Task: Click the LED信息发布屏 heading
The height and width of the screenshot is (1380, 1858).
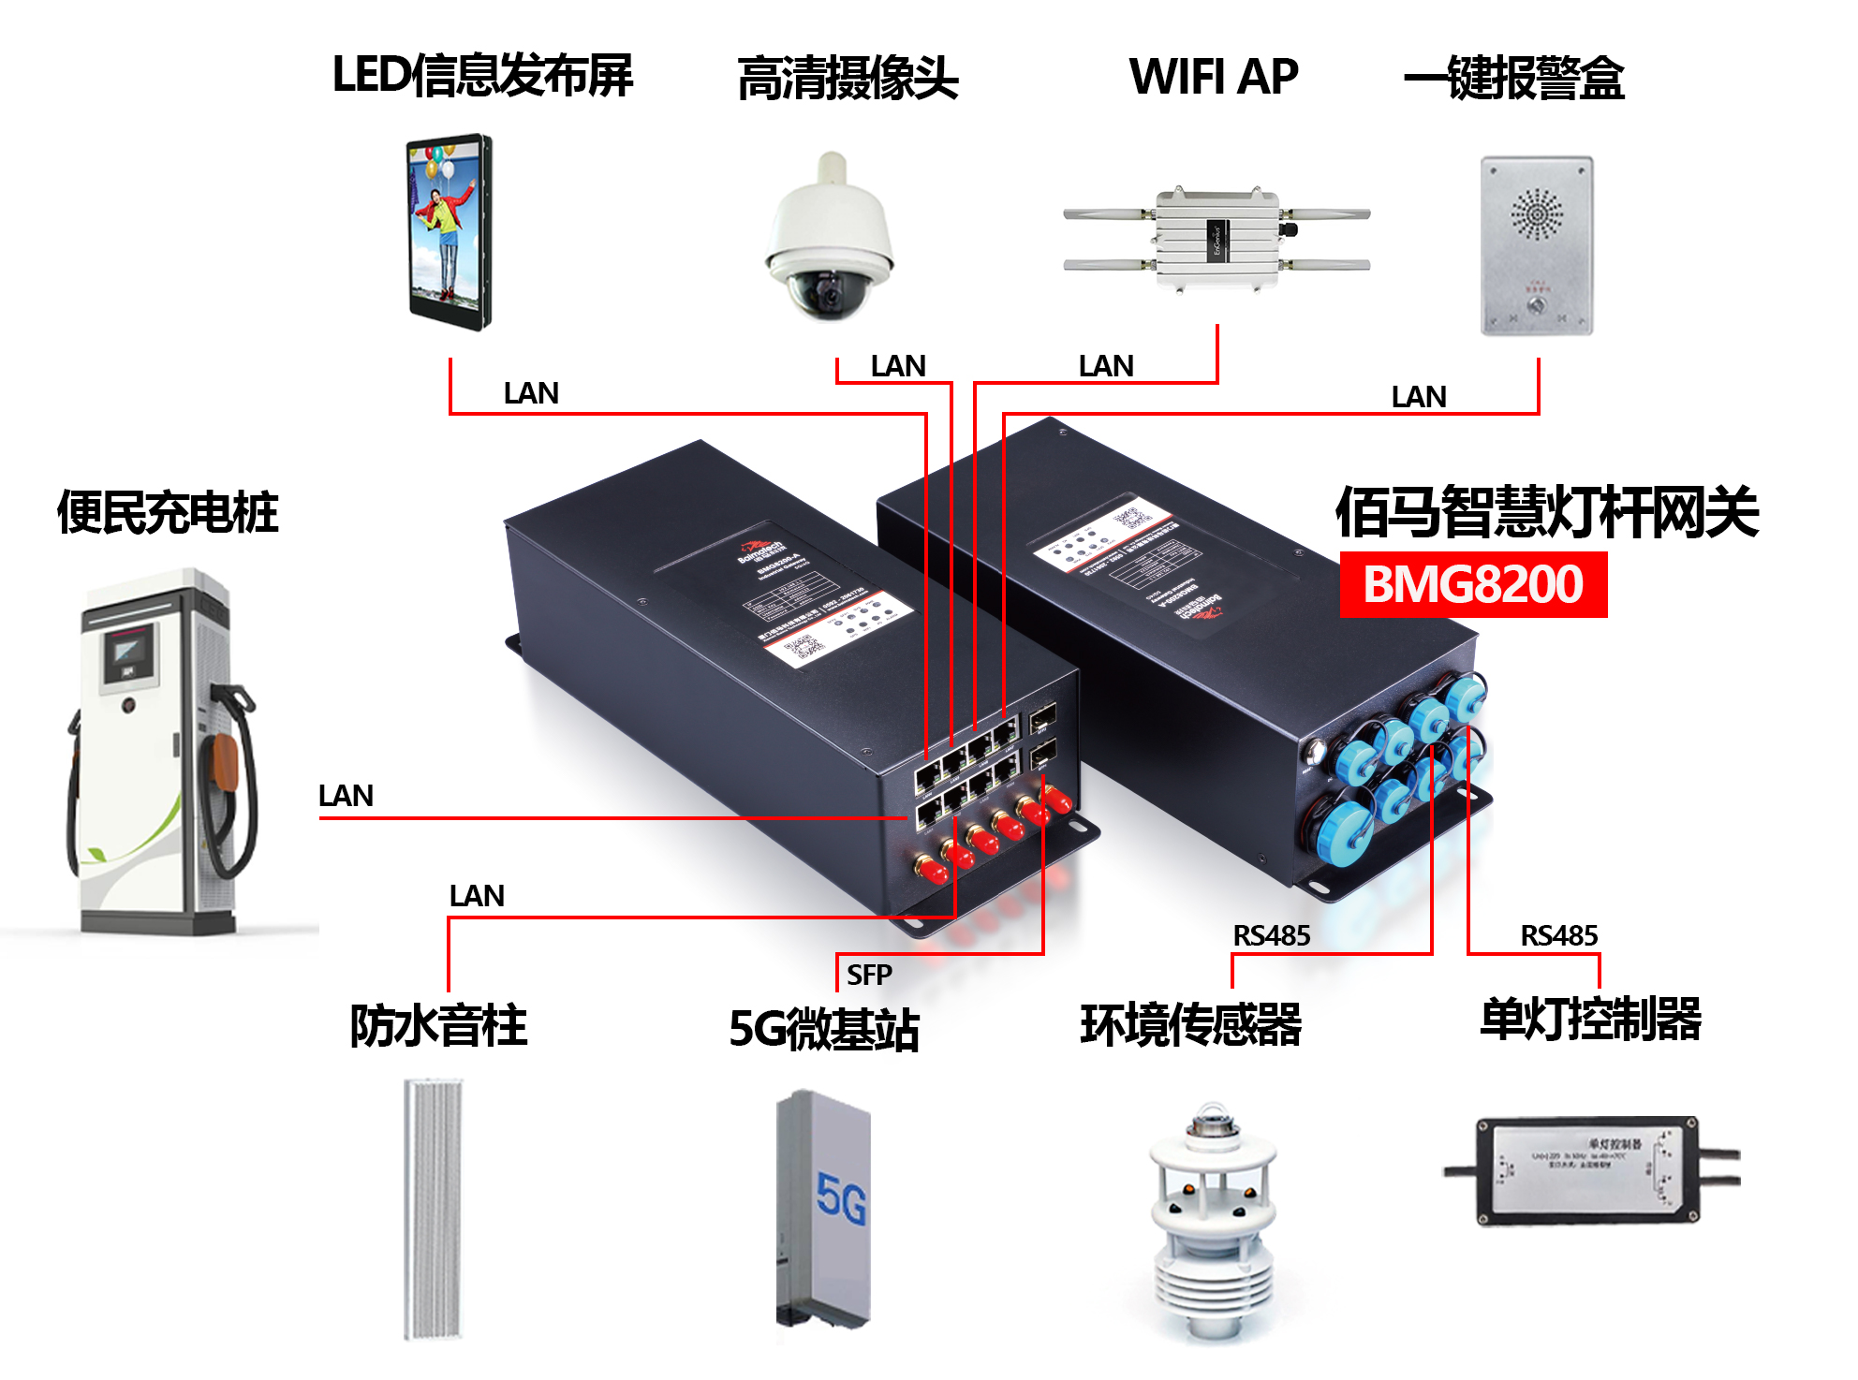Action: click(482, 75)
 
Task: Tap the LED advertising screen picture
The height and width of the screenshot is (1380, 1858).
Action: click(449, 231)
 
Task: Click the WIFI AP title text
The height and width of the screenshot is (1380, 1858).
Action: click(1214, 76)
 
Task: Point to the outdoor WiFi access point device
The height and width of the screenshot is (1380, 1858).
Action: click(1217, 240)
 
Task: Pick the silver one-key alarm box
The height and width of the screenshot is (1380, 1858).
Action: click(1536, 245)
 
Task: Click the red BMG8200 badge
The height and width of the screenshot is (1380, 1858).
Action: click(1473, 584)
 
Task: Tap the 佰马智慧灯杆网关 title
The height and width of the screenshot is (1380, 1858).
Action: click(1546, 512)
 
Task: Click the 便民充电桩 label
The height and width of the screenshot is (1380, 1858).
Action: click(168, 512)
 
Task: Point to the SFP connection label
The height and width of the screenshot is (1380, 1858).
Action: click(869, 975)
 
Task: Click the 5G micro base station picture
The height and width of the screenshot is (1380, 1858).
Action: click(824, 1208)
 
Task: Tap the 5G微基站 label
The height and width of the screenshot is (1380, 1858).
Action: click(824, 1028)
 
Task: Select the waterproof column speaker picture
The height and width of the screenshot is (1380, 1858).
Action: click(433, 1208)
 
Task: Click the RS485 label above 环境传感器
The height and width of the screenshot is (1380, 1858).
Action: click(1271, 935)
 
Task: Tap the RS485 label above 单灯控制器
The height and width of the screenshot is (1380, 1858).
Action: click(1558, 935)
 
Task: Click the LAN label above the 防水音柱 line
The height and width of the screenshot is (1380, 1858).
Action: click(477, 896)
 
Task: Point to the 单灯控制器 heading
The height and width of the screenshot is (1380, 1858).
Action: click(1590, 1019)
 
